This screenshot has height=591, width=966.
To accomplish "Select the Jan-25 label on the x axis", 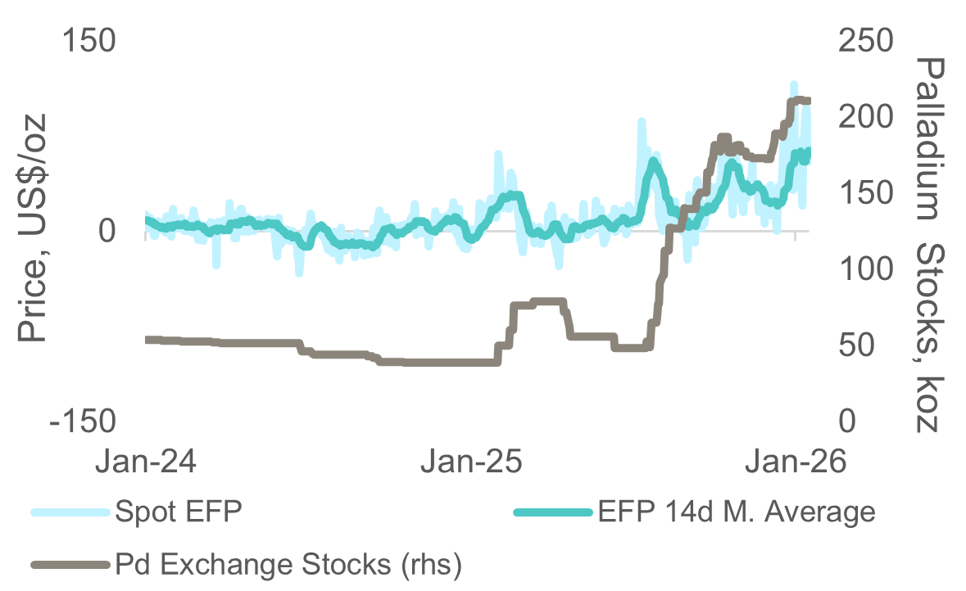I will pyautogui.click(x=469, y=461).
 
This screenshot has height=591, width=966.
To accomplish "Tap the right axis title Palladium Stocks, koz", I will pyautogui.click(x=928, y=243).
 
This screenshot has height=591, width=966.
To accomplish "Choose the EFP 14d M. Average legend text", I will pyautogui.click(x=737, y=513).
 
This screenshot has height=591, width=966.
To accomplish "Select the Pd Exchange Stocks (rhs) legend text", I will pyautogui.click(x=289, y=564).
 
